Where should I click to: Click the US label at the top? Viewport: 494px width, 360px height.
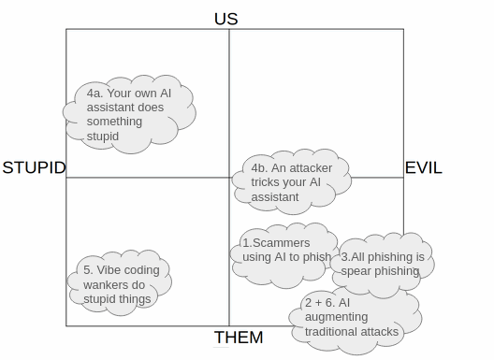coord(225,18)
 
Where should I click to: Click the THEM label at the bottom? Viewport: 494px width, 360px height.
coord(239,338)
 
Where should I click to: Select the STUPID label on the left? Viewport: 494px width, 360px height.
coord(34,168)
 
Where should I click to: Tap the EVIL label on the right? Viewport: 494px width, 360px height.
coord(423,168)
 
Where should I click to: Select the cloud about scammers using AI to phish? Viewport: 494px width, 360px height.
coord(284,250)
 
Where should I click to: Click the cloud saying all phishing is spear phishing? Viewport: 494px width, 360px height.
coord(381,265)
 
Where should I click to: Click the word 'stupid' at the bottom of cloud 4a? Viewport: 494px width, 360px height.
coord(103,136)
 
